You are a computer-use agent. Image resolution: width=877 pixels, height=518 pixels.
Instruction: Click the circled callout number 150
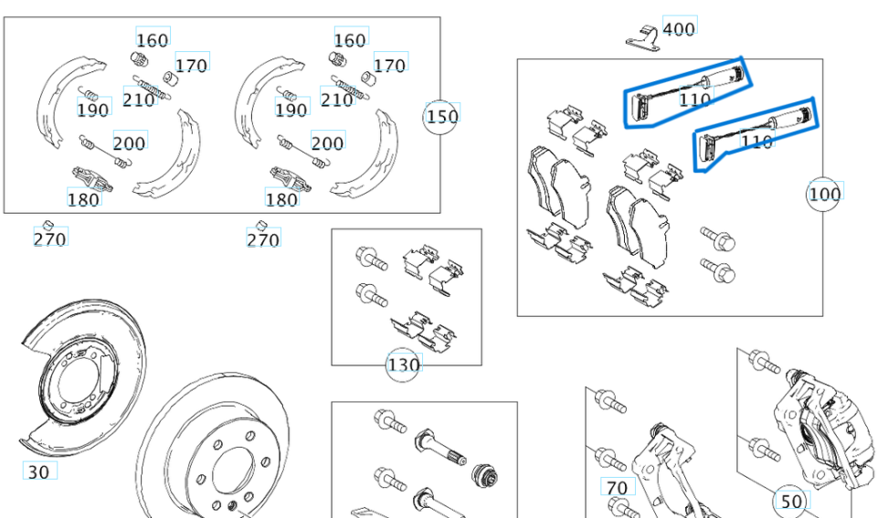click(x=441, y=116)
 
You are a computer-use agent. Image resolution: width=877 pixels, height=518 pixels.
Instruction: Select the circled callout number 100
click(x=823, y=193)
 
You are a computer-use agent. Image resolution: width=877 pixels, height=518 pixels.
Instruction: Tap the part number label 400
click(x=678, y=28)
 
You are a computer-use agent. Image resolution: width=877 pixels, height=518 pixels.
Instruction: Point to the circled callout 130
click(x=403, y=365)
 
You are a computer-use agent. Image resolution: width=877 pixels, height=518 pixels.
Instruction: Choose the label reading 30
click(x=38, y=472)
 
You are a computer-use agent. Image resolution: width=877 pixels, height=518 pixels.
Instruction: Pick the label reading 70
click(x=618, y=487)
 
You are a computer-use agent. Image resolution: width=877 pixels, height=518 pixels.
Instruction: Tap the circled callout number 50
click(x=791, y=502)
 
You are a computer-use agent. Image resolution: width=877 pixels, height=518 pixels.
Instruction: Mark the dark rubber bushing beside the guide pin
click(x=485, y=477)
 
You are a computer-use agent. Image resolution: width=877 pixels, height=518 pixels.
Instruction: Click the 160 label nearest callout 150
click(x=350, y=39)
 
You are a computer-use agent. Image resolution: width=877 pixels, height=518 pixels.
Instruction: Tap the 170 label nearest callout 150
click(x=389, y=65)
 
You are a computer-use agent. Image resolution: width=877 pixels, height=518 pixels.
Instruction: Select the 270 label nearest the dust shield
click(x=50, y=238)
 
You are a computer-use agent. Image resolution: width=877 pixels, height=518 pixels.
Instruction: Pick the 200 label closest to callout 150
click(x=327, y=143)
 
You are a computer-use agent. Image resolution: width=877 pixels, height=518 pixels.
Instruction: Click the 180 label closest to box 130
click(x=281, y=198)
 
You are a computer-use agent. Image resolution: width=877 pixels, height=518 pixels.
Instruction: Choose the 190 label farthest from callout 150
click(x=92, y=110)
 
